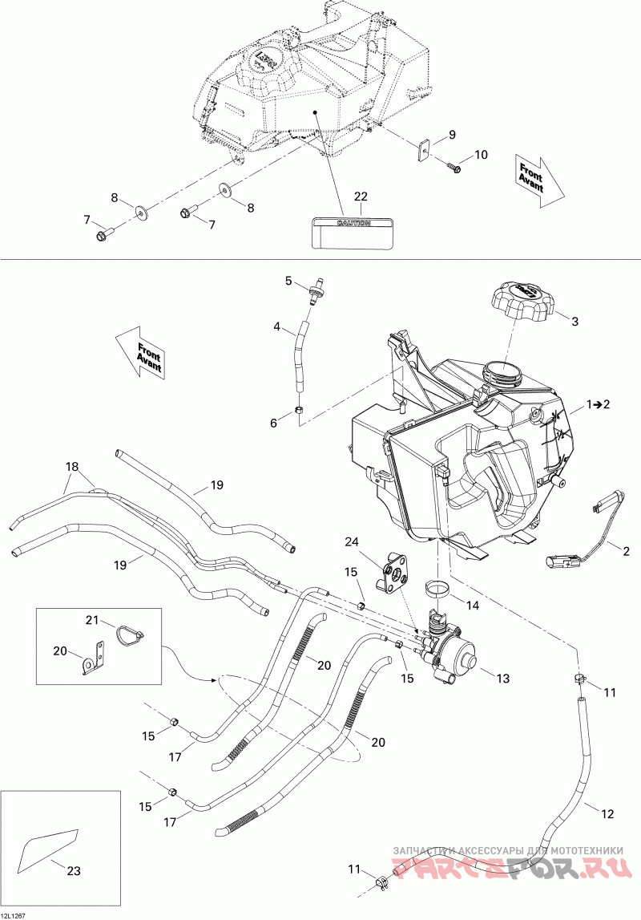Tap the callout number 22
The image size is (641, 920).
(x=361, y=197)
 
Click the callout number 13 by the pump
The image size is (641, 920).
(x=502, y=679)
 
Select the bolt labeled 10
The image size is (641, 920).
(x=453, y=167)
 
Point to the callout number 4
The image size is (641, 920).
(x=276, y=327)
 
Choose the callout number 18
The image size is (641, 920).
(x=73, y=466)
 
